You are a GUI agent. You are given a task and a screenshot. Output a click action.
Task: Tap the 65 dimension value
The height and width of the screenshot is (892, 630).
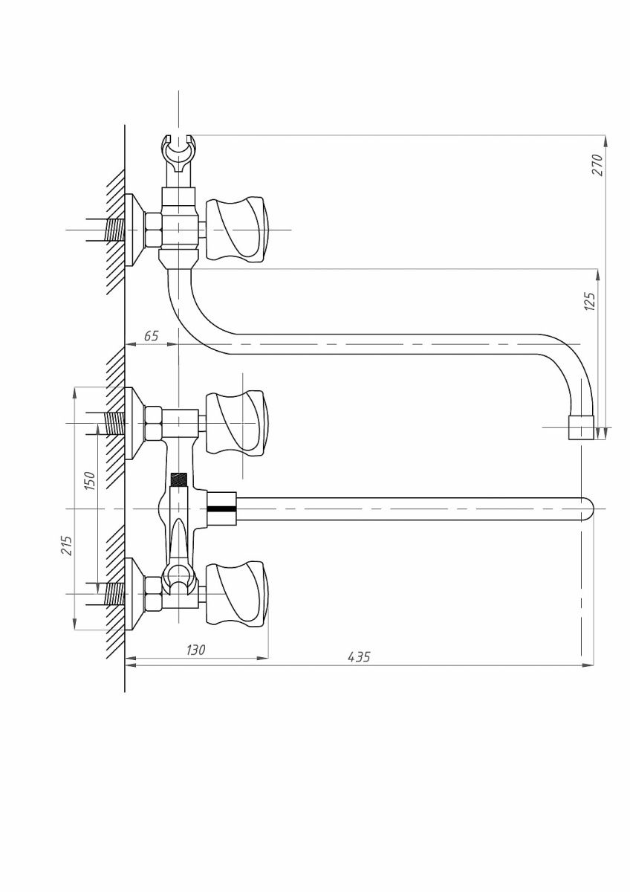tap(151, 336)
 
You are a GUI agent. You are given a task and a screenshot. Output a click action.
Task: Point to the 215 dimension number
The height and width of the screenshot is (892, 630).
tap(68, 547)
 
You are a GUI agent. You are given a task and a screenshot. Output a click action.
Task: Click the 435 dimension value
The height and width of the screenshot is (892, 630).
tap(359, 657)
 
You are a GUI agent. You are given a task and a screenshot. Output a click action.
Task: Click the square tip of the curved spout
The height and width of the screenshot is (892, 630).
tap(580, 427)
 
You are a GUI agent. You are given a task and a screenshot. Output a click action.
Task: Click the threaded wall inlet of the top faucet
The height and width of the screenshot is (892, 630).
tap(113, 230)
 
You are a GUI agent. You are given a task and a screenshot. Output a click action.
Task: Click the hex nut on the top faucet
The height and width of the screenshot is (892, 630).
tap(154, 230)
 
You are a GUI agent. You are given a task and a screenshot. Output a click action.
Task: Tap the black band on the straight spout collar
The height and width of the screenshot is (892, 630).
tap(221, 509)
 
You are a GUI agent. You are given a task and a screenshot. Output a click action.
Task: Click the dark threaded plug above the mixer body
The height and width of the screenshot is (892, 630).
tap(178, 479)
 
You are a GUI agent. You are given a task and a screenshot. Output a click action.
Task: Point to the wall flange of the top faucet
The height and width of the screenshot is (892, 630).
tap(134, 230)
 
